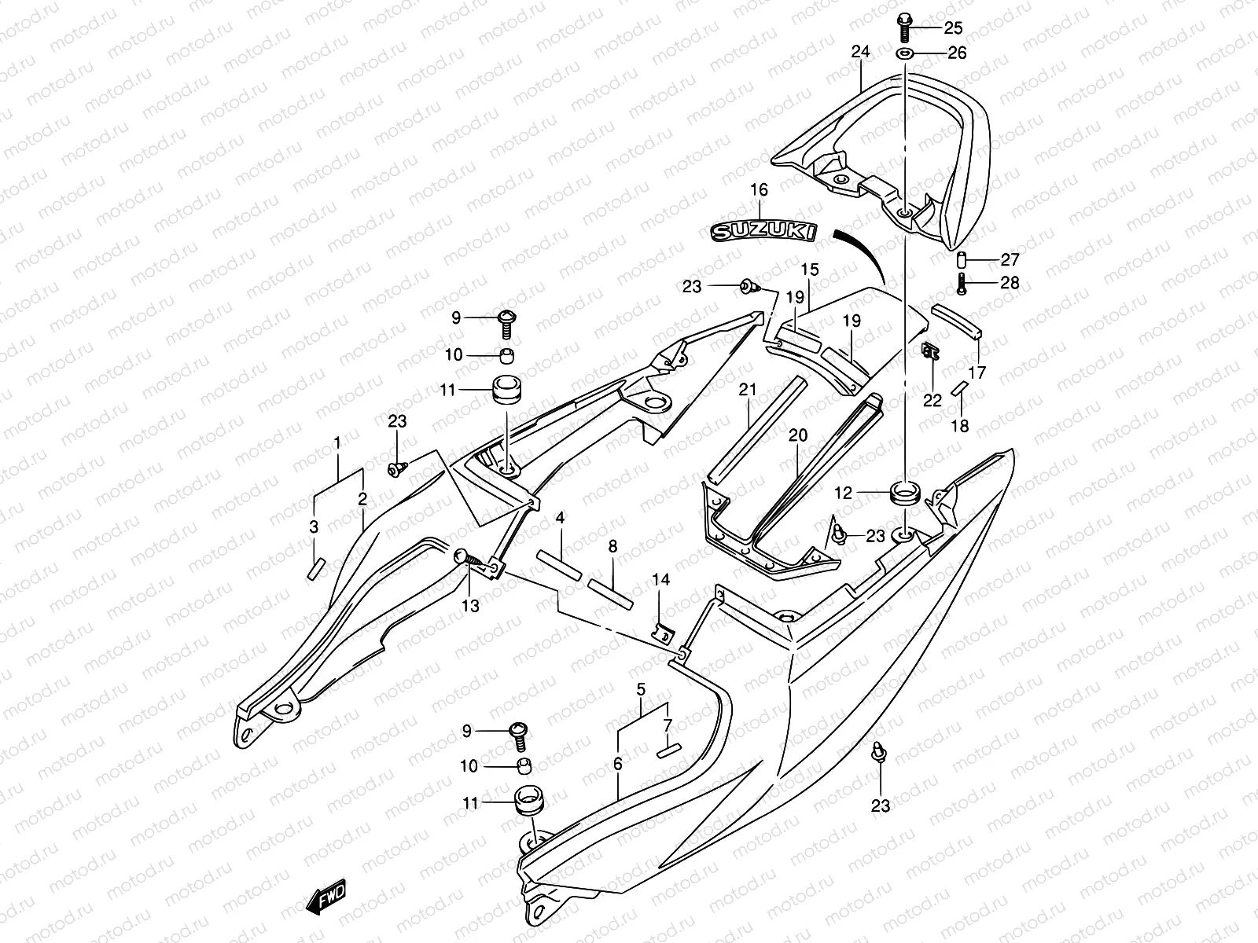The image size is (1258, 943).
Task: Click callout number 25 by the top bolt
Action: point(953,28)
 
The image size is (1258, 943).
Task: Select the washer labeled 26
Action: point(903,53)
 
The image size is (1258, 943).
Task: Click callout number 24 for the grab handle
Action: point(861,53)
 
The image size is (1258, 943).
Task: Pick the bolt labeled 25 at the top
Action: point(903,28)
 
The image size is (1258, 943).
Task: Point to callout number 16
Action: point(759,190)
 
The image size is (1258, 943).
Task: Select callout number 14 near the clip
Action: point(660,579)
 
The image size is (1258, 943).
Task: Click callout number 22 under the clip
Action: point(932,401)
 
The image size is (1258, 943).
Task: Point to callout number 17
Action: point(977,373)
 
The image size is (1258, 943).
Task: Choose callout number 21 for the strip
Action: point(747,390)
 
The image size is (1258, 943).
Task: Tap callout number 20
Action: point(798,435)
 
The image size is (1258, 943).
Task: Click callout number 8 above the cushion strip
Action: point(612,546)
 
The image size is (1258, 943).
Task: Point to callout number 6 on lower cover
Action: point(617,763)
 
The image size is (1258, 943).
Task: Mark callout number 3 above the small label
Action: point(314,527)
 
